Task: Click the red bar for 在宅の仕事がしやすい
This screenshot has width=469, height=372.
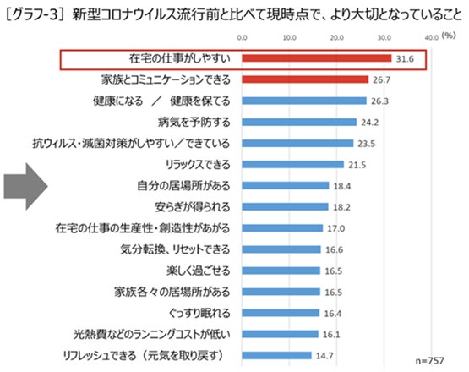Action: pos(316,58)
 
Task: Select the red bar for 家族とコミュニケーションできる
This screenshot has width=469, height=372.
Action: pos(305,79)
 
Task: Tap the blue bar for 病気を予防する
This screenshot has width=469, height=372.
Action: pos(299,122)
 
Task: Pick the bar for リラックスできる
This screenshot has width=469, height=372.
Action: pos(293,164)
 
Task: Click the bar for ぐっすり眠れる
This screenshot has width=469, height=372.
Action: pos(281,313)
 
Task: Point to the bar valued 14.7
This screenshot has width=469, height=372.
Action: pos(276,356)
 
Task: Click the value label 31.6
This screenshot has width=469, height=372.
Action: pos(405,59)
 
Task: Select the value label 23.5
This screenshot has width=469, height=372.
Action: pos(367,144)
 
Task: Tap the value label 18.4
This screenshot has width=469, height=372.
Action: pos(342,187)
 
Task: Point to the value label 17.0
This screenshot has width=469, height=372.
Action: pos(335,228)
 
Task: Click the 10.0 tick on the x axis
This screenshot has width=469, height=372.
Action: pos(290,38)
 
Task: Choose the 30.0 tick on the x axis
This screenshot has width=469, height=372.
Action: pos(384,38)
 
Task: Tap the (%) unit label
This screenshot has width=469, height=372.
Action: pos(449,36)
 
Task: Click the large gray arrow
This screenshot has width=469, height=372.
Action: pos(25,186)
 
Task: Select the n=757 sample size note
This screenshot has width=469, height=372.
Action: pos(429,361)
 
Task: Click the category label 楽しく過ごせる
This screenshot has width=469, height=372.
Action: pos(199,271)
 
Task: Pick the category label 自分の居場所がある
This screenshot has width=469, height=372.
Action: pos(183,186)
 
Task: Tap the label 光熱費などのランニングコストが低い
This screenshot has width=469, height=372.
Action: pos(152,334)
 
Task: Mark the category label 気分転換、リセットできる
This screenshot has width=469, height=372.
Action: pos(175,249)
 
